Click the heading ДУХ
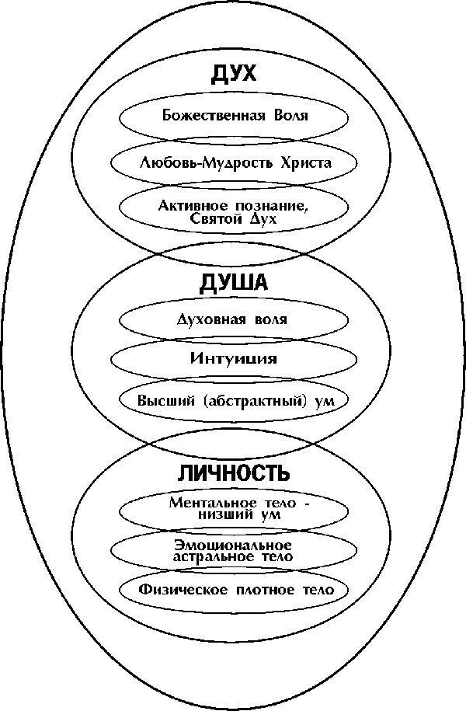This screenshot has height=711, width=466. (x=233, y=75)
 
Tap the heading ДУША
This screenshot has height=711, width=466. (x=233, y=283)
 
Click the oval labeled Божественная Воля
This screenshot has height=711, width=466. (x=234, y=117)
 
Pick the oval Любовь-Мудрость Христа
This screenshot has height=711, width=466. (x=234, y=163)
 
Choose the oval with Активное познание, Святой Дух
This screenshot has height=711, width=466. (x=234, y=212)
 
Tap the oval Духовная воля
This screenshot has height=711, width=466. (x=234, y=319)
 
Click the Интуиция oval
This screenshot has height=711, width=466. (x=234, y=359)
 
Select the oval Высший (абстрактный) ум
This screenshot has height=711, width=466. (x=234, y=401)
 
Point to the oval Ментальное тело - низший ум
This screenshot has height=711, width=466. (x=234, y=509)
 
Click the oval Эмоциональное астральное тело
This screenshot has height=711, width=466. (x=234, y=549)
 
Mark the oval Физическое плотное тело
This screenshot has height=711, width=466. (x=234, y=590)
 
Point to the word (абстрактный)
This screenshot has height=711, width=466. (x=245, y=401)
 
